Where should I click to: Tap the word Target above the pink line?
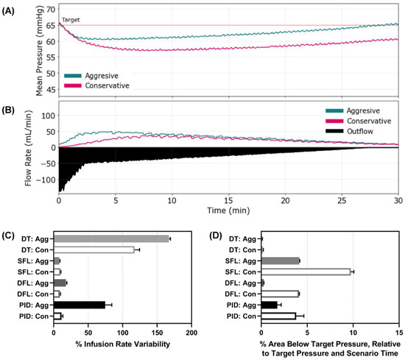72,21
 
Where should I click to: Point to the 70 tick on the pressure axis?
50,10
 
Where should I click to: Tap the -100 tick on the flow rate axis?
46,179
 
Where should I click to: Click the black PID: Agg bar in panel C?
80,304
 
